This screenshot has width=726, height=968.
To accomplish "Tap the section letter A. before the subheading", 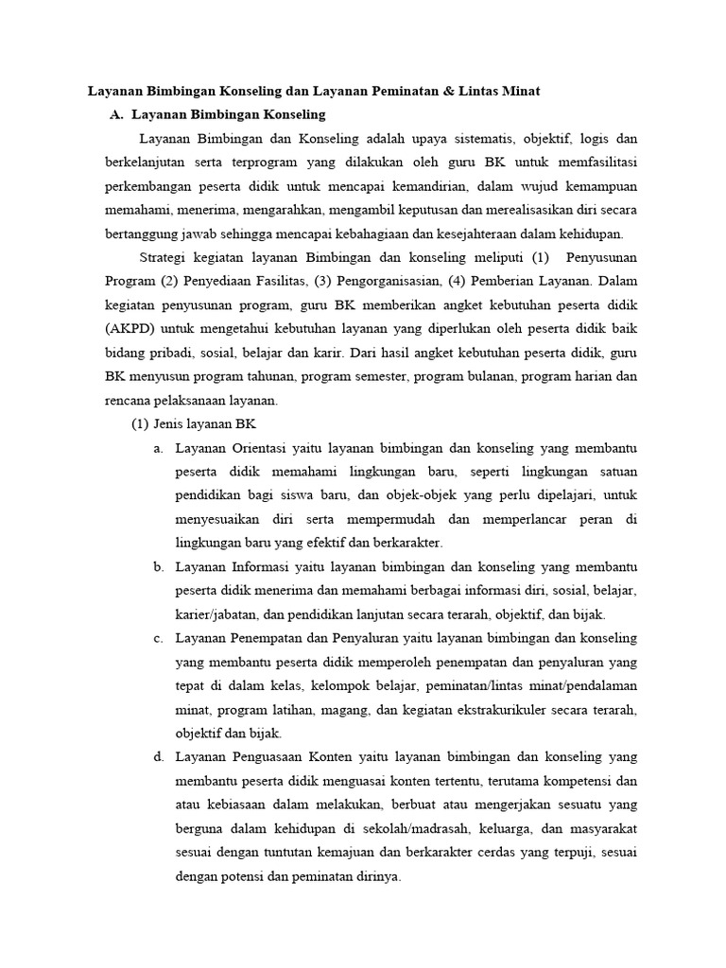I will tap(117, 114).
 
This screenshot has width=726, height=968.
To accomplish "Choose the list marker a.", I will tap(158, 448).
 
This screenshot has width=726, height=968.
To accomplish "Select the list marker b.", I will tap(158, 567).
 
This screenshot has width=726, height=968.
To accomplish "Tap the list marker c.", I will tap(158, 638).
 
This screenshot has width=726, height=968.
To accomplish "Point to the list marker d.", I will tap(158, 757).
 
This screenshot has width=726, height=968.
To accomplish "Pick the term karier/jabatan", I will tap(216, 614).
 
